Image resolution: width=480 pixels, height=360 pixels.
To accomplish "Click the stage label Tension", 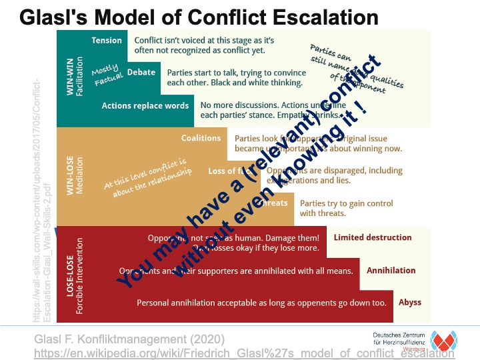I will pos(107,41).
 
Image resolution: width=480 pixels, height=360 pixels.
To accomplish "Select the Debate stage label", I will pos(141,72).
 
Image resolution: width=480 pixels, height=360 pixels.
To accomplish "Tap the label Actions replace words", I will pos(145,105).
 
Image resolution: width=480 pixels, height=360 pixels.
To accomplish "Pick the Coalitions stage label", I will pos(201,138).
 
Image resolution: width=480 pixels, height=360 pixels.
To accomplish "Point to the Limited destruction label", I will pos(373,237).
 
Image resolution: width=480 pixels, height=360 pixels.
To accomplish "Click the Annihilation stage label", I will pos(391,271).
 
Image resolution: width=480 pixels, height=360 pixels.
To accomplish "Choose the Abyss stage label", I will pos(410,302).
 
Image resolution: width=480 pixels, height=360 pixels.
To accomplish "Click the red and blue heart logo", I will pos(443,340).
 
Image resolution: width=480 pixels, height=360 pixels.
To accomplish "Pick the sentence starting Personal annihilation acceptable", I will pos(261,303).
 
